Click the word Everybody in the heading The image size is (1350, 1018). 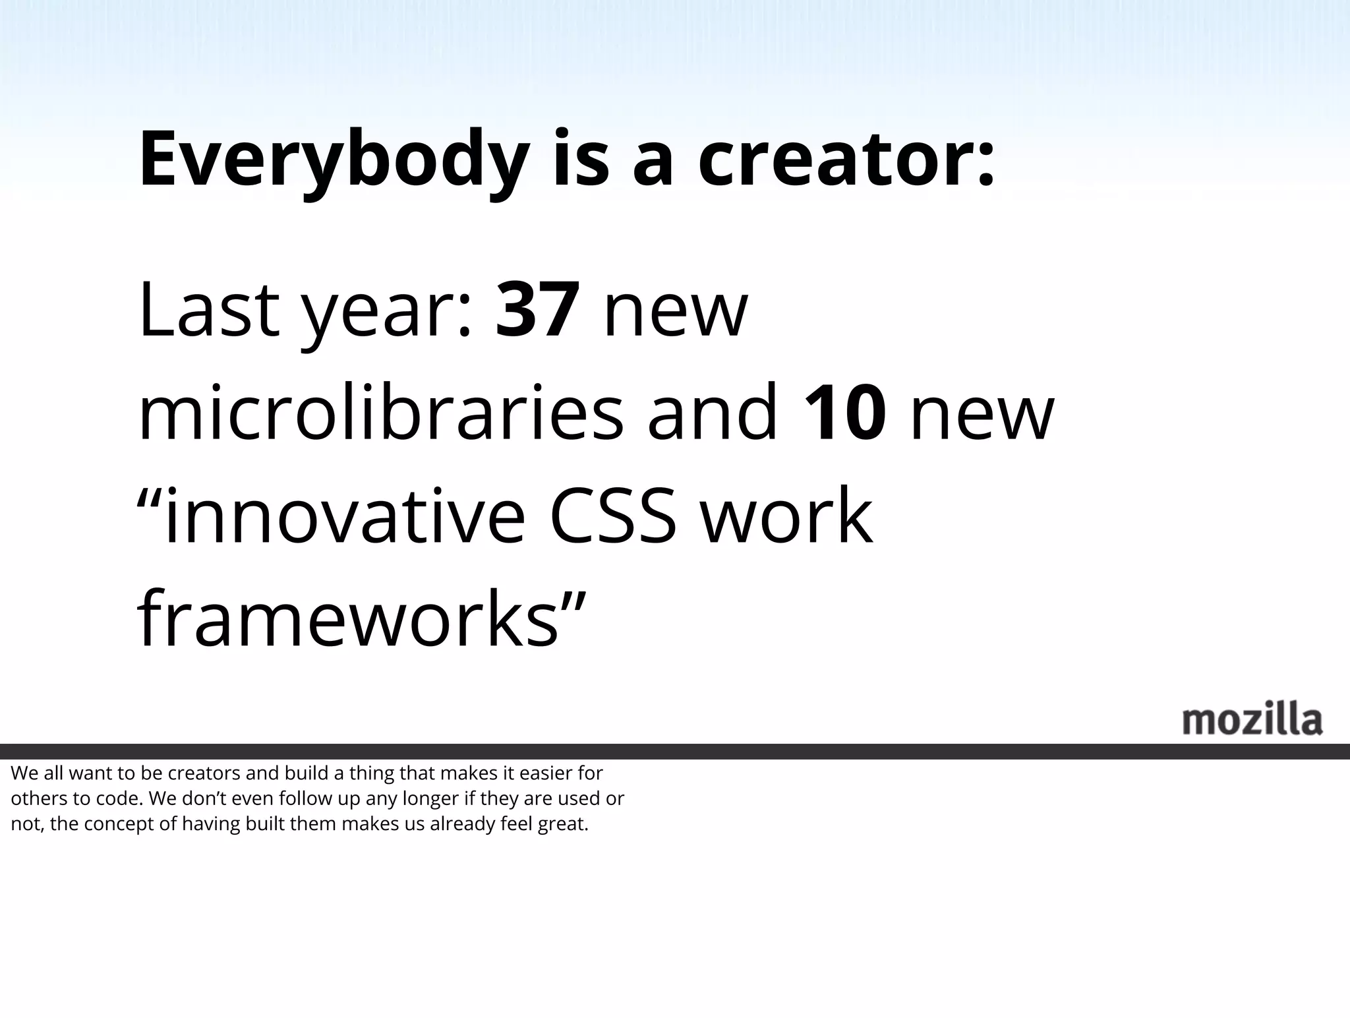[334, 160]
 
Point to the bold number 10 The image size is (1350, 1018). [844, 414]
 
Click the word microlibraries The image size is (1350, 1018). [380, 414]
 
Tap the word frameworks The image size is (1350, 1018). [348, 620]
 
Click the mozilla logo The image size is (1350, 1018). [1252, 720]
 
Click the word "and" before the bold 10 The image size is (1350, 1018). [713, 414]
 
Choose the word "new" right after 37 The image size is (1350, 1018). [676, 313]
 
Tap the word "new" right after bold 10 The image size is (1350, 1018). [982, 417]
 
